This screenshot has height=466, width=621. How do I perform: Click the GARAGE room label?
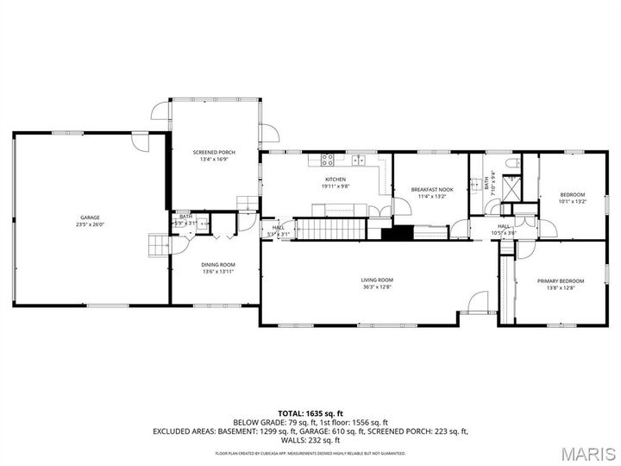click(x=90, y=217)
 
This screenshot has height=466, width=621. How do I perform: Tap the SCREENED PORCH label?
click(x=213, y=153)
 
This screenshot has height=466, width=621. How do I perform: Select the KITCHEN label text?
click(x=336, y=179)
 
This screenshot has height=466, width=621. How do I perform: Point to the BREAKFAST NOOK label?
click(x=431, y=189)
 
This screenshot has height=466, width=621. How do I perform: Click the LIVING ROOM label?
click(x=377, y=280)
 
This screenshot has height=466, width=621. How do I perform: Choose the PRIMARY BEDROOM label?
click(x=561, y=280)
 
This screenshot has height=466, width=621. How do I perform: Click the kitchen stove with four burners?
click(x=328, y=159)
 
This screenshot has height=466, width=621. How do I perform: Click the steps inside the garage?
click(x=157, y=246)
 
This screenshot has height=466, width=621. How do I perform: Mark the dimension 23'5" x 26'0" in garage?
click(x=90, y=224)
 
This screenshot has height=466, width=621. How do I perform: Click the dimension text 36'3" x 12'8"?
click(x=377, y=287)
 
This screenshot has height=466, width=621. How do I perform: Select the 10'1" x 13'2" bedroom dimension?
click(x=573, y=201)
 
